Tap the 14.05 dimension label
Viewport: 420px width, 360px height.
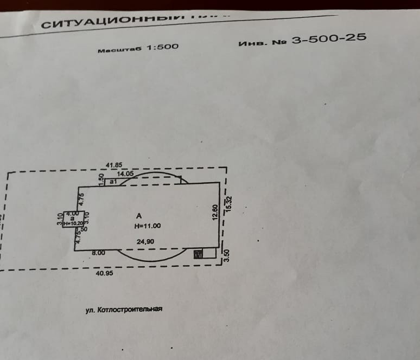point(125,173)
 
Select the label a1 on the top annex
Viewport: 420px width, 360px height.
point(113,182)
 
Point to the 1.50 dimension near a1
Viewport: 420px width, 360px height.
point(100,178)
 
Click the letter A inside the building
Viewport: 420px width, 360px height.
point(139,216)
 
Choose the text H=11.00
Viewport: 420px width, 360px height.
point(148,226)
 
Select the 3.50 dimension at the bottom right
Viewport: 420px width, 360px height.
point(227,255)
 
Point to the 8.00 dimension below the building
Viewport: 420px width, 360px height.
point(98,253)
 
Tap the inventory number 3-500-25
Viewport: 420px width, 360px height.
point(329,38)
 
